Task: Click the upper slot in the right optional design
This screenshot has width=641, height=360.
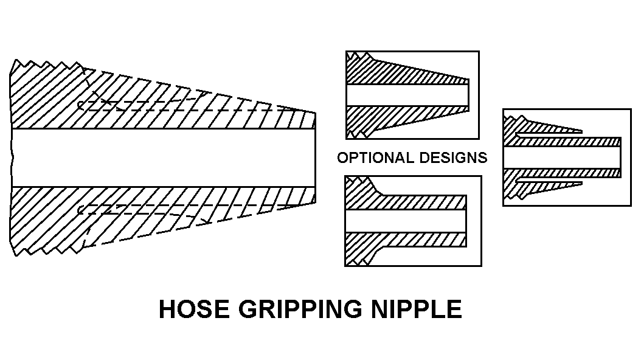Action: (547, 132)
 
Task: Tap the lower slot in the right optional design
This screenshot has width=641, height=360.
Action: (547, 182)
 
